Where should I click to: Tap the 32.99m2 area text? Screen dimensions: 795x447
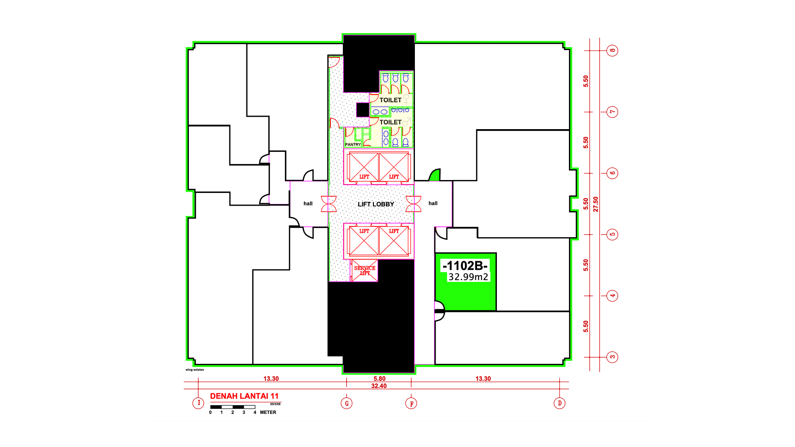tap(468, 277)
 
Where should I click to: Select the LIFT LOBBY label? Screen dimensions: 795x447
tap(376, 204)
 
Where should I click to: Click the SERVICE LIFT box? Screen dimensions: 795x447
tap(365, 271)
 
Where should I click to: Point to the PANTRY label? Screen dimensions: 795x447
tap(353, 144)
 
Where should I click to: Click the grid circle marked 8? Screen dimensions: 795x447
tap(612, 50)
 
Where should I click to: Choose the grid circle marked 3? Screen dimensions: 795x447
tap(612, 357)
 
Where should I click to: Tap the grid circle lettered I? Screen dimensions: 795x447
tap(198, 403)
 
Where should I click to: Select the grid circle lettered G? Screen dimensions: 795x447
tap(347, 403)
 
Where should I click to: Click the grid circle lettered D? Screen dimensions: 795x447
tap(559, 403)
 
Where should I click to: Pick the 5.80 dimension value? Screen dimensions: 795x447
tap(379, 379)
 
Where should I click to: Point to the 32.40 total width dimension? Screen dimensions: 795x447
tap(379, 386)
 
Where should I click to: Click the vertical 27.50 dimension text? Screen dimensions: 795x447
tap(596, 204)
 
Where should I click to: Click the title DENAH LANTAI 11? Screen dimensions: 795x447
tap(244, 396)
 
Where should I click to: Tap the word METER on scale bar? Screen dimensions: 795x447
tap(268, 412)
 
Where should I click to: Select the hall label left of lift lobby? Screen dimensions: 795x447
tap(308, 203)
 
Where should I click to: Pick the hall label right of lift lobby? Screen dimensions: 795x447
tap(433, 203)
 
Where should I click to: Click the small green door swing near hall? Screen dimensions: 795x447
tap(435, 176)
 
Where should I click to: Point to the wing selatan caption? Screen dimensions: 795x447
tap(195, 370)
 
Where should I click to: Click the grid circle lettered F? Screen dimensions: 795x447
tap(411, 403)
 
